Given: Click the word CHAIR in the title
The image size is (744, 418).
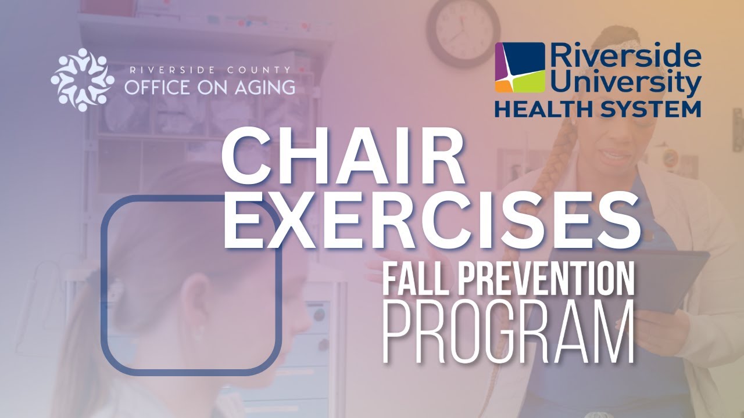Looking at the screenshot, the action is pos(343,158).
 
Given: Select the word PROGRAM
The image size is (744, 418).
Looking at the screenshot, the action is pos(509,332).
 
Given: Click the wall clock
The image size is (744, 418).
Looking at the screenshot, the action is pos(463,33).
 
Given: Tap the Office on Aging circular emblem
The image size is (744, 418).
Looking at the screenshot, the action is pos(83,80).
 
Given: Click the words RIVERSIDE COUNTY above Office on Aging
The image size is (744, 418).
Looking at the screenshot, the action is pos(210,70).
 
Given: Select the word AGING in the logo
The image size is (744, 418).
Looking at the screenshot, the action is pos(265,87).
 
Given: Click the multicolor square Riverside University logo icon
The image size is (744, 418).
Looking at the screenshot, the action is pos(520,67).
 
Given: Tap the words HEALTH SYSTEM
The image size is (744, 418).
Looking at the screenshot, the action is pos(598,110).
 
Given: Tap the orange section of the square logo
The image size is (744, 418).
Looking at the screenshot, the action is pos(502,87).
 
